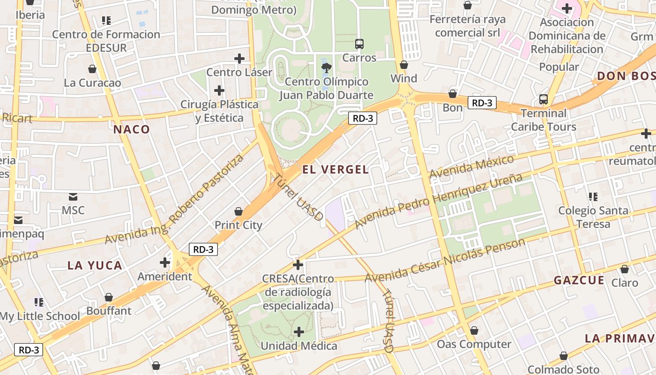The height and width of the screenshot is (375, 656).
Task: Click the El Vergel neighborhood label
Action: pos(335,170)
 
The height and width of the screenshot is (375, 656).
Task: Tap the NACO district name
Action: pos(132,129)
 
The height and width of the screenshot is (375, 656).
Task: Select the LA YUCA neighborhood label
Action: pos(95,265)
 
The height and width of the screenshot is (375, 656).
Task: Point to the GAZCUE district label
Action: pos(579,280)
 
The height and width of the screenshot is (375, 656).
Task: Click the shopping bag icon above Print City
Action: pos(239,211)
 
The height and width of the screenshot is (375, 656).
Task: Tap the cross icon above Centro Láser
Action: pos(239,59)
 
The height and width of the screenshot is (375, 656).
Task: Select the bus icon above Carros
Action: pos(359,44)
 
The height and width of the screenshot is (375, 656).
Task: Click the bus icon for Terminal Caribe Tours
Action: pos(544,99)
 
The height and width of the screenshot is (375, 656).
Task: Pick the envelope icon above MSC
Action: pos(74,196)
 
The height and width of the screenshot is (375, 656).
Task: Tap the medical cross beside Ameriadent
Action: pos(164,262)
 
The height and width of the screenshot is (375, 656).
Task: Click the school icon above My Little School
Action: pos(39,302)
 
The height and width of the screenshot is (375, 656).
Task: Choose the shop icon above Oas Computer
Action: pos(474,331)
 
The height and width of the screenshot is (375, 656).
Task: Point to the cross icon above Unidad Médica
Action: pos(299,332)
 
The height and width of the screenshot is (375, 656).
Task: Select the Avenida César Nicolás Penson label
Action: pos(445,261)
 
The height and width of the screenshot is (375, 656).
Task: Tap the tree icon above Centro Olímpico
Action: pos(327,67)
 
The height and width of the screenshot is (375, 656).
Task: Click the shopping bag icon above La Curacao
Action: pos(92,69)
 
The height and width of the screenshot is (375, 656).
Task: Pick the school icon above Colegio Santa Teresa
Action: pos(593,197)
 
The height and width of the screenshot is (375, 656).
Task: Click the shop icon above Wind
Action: pos(404,65)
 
